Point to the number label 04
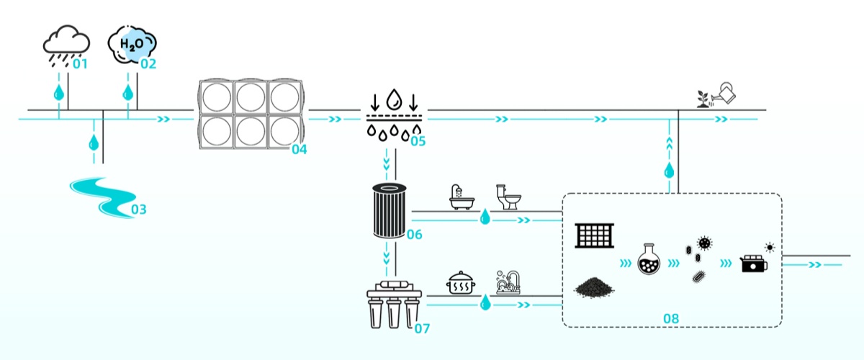300,150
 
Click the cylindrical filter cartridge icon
390,210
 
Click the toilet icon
508,197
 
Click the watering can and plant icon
716,95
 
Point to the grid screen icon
594,235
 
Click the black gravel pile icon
594,287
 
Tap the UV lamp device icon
755,263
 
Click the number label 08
670,317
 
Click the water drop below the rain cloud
59,93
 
